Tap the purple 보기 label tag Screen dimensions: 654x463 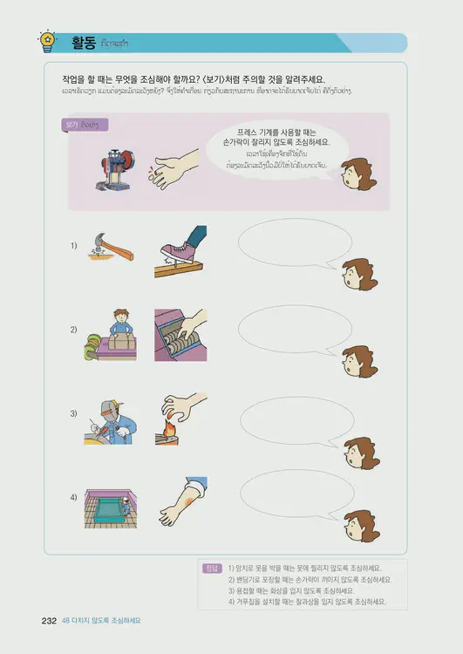(x=80, y=125)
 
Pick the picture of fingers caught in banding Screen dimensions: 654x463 (x=181, y=334)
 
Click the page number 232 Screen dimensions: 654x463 (x=49, y=621)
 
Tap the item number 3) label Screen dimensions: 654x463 (x=75, y=414)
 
